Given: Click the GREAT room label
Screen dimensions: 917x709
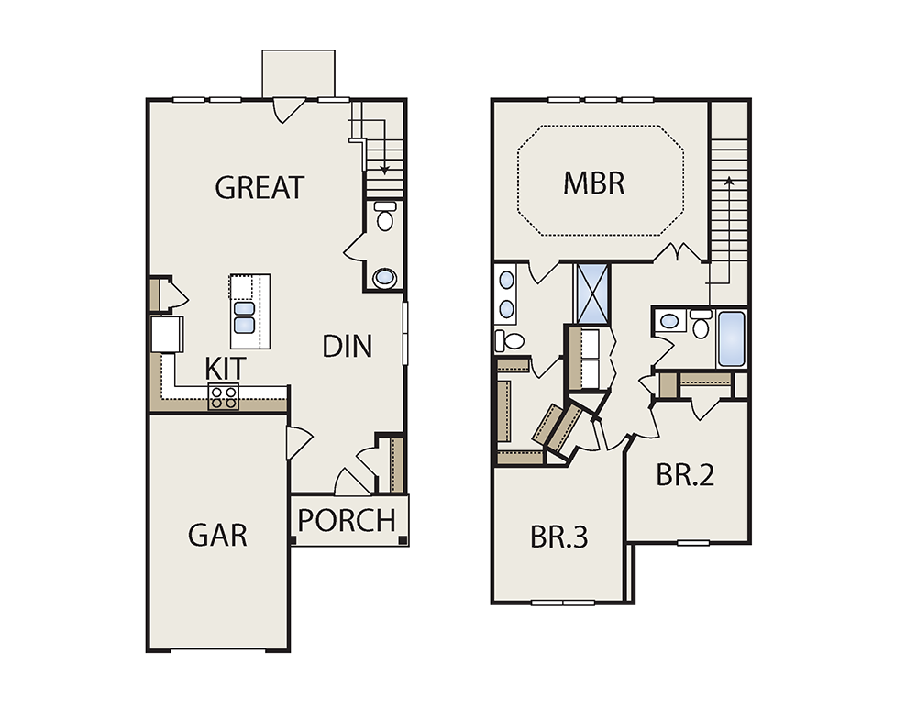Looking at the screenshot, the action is [260, 187].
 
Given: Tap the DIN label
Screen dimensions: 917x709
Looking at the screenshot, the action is [347, 346].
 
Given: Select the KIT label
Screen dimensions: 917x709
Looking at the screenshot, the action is [226, 369].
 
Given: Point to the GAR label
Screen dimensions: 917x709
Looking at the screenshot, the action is [217, 535].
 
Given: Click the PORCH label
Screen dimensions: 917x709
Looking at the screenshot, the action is [347, 520].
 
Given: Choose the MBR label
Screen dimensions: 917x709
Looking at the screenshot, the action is [593, 183].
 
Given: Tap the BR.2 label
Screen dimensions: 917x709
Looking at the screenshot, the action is [685, 474].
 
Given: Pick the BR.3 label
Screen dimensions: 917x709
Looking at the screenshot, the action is [558, 537].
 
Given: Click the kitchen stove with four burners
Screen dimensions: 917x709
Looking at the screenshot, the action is [224, 396].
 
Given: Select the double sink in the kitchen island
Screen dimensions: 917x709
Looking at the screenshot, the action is [245, 316].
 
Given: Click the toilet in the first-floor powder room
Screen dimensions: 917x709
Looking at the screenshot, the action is [385, 216].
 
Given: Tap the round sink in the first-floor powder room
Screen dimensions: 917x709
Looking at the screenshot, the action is [384, 277].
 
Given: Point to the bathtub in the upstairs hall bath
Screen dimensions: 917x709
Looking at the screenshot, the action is [731, 338].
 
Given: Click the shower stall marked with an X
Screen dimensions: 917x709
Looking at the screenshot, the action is [591, 294].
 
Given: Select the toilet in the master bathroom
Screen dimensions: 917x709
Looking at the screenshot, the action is [510, 340].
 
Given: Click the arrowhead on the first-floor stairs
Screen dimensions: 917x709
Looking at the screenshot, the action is [384, 171].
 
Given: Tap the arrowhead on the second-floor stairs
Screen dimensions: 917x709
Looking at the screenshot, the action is [729, 181].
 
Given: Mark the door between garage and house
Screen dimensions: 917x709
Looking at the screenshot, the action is [299, 444].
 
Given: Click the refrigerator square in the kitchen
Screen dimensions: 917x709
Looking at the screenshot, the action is [167, 334].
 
